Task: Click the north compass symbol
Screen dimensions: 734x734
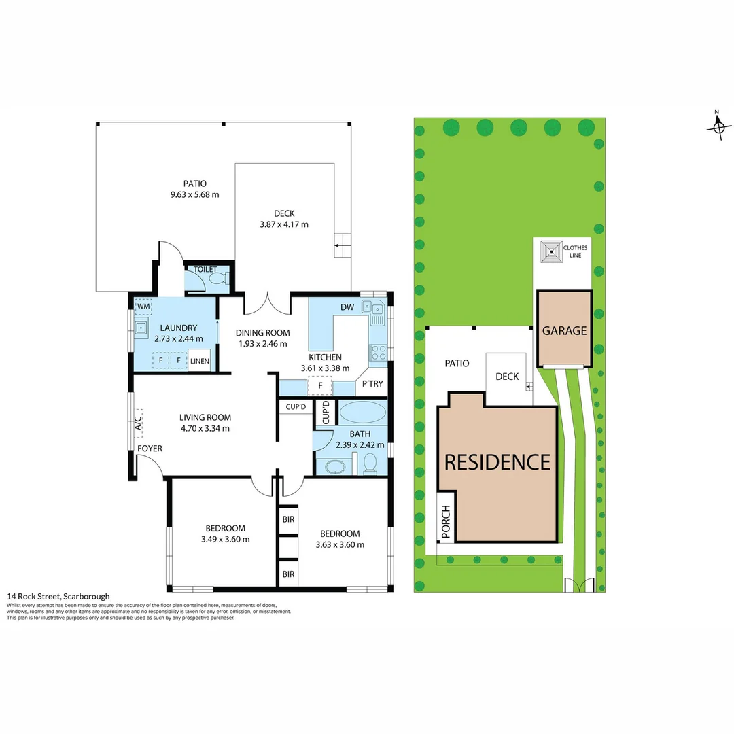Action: [x=719, y=126]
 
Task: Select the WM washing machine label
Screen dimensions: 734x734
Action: [x=143, y=307]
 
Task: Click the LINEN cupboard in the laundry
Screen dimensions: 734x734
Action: [x=200, y=361]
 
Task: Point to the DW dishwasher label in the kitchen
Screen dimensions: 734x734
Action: [x=347, y=307]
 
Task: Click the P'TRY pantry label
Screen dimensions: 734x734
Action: [x=372, y=384]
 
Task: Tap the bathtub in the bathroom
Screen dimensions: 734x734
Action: [x=362, y=413]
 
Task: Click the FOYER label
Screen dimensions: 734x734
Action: [x=150, y=449]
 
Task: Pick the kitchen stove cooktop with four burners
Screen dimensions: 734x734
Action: [x=378, y=352]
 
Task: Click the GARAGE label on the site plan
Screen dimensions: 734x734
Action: [x=563, y=331]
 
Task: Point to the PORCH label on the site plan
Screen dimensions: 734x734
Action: [x=446, y=523]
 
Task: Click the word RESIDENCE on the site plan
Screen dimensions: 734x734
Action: [x=497, y=462]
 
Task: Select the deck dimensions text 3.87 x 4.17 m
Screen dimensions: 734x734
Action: [x=284, y=224]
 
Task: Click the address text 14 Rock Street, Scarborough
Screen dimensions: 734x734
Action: [x=58, y=596]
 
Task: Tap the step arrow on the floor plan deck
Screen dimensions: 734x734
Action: [x=343, y=244]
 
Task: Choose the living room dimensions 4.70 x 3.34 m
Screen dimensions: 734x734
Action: [x=205, y=428]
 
